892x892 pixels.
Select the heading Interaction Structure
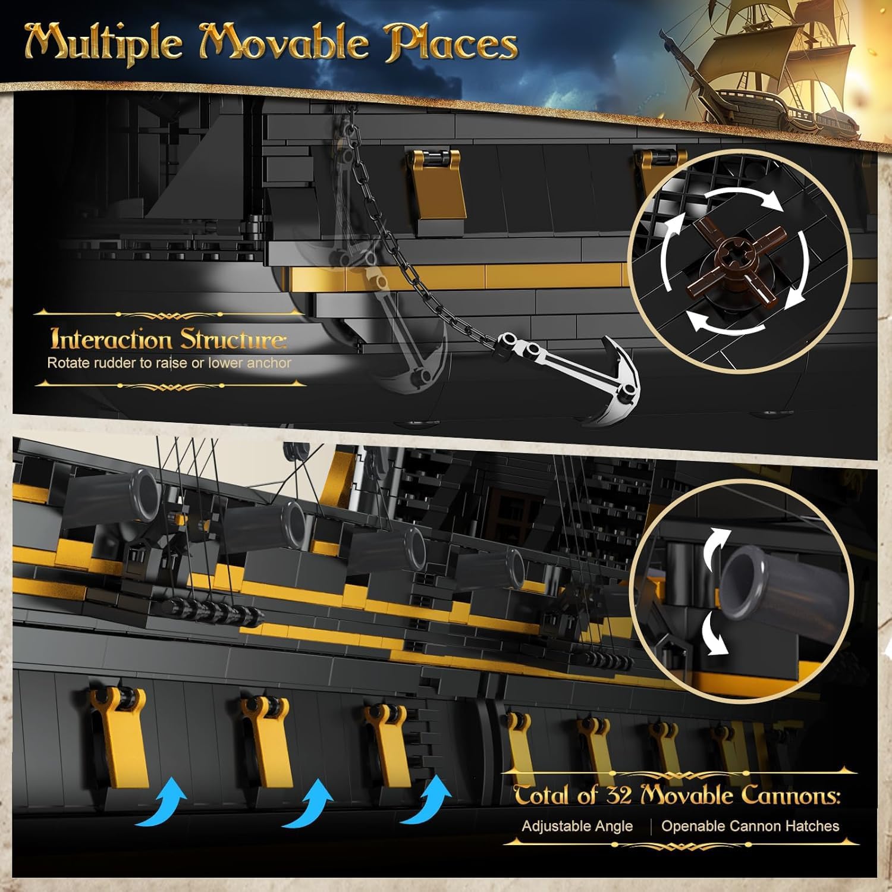click(x=168, y=339)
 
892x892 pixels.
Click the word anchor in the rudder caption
click(x=269, y=363)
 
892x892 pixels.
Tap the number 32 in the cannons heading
click(x=618, y=795)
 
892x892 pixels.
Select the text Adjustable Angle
click(x=577, y=826)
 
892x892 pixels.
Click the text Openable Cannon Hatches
click(x=750, y=826)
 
